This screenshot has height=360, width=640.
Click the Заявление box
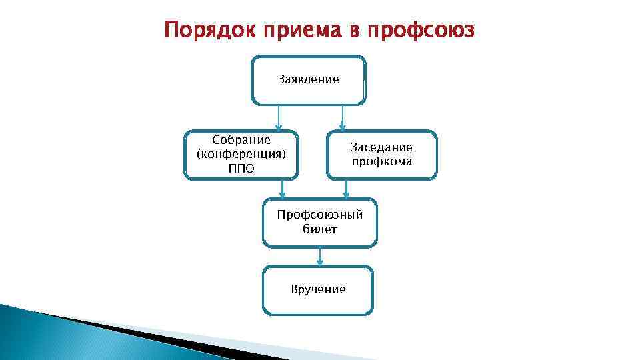click(x=308, y=80)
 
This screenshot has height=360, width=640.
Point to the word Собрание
click(x=241, y=140)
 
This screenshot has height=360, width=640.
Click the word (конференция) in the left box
click(x=241, y=154)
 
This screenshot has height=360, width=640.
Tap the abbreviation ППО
click(x=241, y=168)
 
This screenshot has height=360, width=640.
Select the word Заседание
click(x=381, y=147)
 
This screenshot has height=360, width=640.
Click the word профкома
click(x=381, y=161)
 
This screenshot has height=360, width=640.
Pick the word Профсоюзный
click(x=320, y=215)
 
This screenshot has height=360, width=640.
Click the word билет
click(x=320, y=229)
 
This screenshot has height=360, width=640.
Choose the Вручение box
click(x=318, y=289)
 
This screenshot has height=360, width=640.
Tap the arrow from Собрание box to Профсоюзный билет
click(x=283, y=189)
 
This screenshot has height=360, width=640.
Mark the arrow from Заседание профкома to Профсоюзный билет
click(x=346, y=189)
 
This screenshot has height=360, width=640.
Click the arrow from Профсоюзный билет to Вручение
click(x=320, y=257)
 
